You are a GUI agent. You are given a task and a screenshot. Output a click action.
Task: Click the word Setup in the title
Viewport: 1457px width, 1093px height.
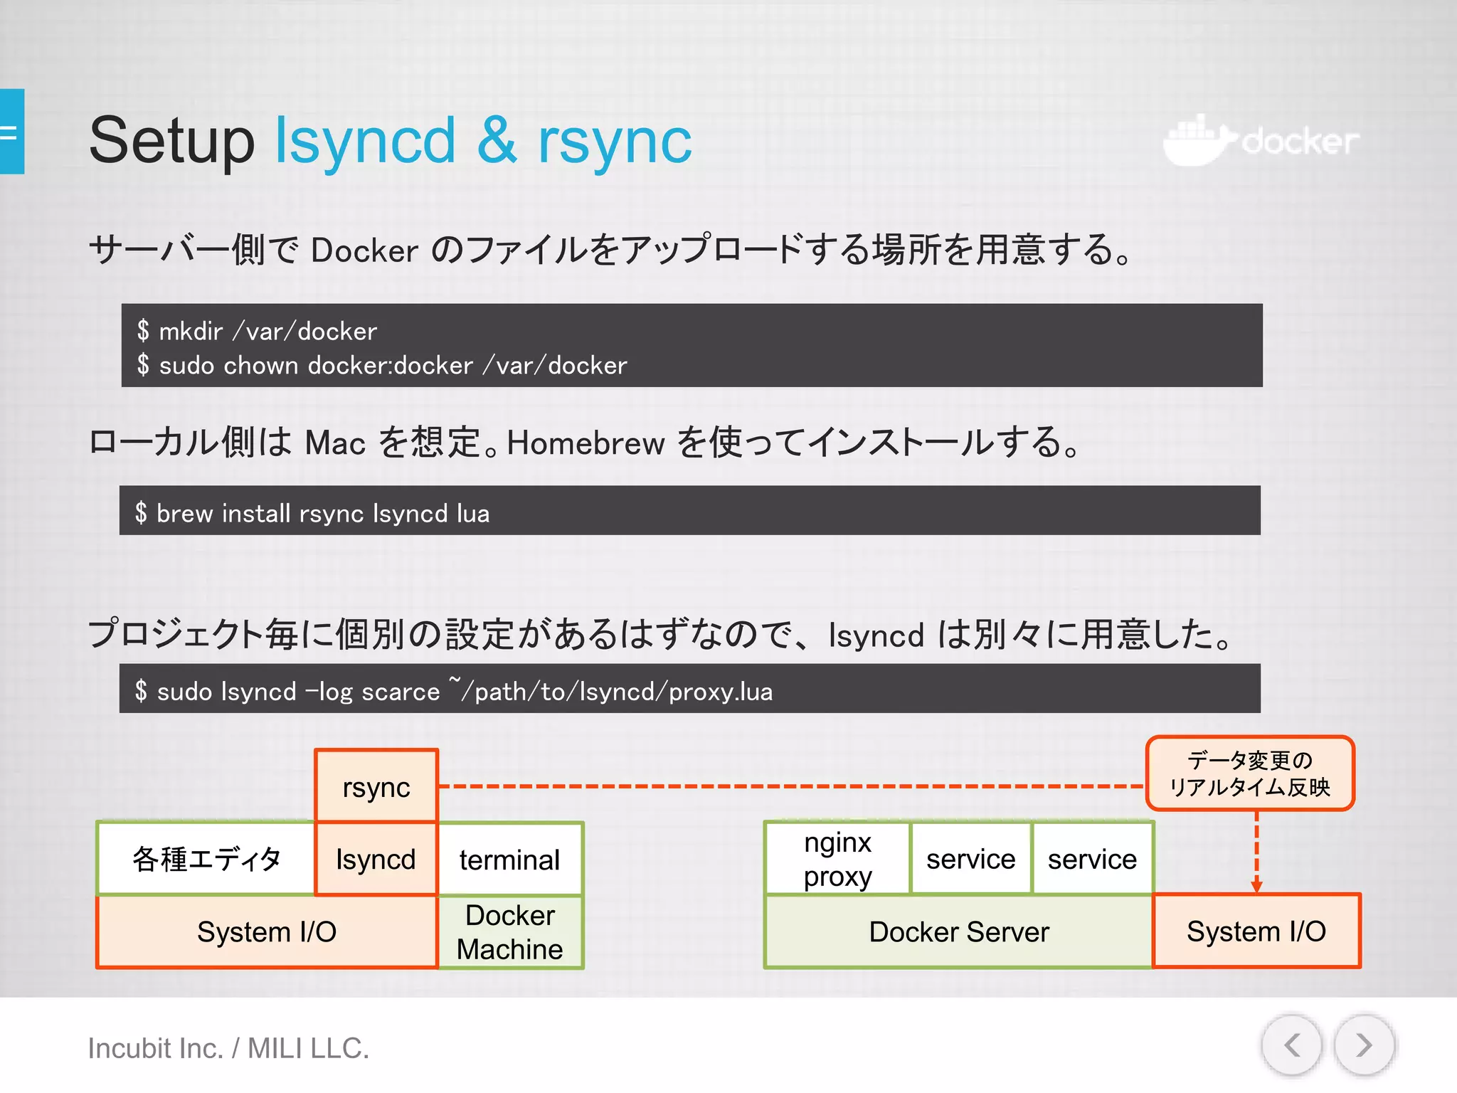click(x=171, y=141)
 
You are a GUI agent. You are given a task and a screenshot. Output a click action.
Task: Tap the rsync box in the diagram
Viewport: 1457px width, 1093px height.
click(x=376, y=786)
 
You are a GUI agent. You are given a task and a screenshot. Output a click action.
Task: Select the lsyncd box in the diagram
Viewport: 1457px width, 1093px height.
click(x=376, y=859)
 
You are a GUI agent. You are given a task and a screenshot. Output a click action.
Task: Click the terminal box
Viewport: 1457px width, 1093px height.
click(x=510, y=859)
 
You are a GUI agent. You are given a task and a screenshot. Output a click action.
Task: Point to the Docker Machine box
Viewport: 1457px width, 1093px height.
click(x=510, y=931)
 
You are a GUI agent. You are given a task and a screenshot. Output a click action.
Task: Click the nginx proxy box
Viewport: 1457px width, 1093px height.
click(x=837, y=859)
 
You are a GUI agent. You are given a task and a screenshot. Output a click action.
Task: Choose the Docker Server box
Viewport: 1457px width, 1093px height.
click(x=958, y=931)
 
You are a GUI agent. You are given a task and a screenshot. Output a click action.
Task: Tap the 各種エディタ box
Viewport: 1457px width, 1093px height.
click(x=206, y=859)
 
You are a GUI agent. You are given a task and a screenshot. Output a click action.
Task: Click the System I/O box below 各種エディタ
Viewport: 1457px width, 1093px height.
click(x=267, y=931)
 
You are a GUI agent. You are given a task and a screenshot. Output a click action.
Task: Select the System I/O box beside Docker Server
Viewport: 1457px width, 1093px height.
click(x=1256, y=931)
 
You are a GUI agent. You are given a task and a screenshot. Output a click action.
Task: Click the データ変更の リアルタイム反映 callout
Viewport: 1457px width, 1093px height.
click(x=1250, y=773)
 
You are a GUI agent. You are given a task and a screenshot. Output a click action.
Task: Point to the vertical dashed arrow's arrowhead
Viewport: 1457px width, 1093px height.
click(x=1256, y=886)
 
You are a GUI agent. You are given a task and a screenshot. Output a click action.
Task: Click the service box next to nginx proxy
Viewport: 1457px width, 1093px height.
click(x=970, y=859)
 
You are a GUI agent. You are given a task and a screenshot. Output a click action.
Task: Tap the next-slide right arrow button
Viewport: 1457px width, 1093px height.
click(x=1363, y=1045)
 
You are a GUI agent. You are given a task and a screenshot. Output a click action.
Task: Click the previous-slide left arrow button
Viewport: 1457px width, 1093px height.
click(x=1292, y=1045)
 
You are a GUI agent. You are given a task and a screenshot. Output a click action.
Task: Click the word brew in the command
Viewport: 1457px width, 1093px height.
click(x=184, y=513)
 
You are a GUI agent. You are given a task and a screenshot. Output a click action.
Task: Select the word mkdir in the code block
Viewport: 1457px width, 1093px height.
click(x=191, y=331)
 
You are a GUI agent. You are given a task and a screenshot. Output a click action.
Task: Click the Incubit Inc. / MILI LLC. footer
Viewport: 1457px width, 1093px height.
click(x=228, y=1048)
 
